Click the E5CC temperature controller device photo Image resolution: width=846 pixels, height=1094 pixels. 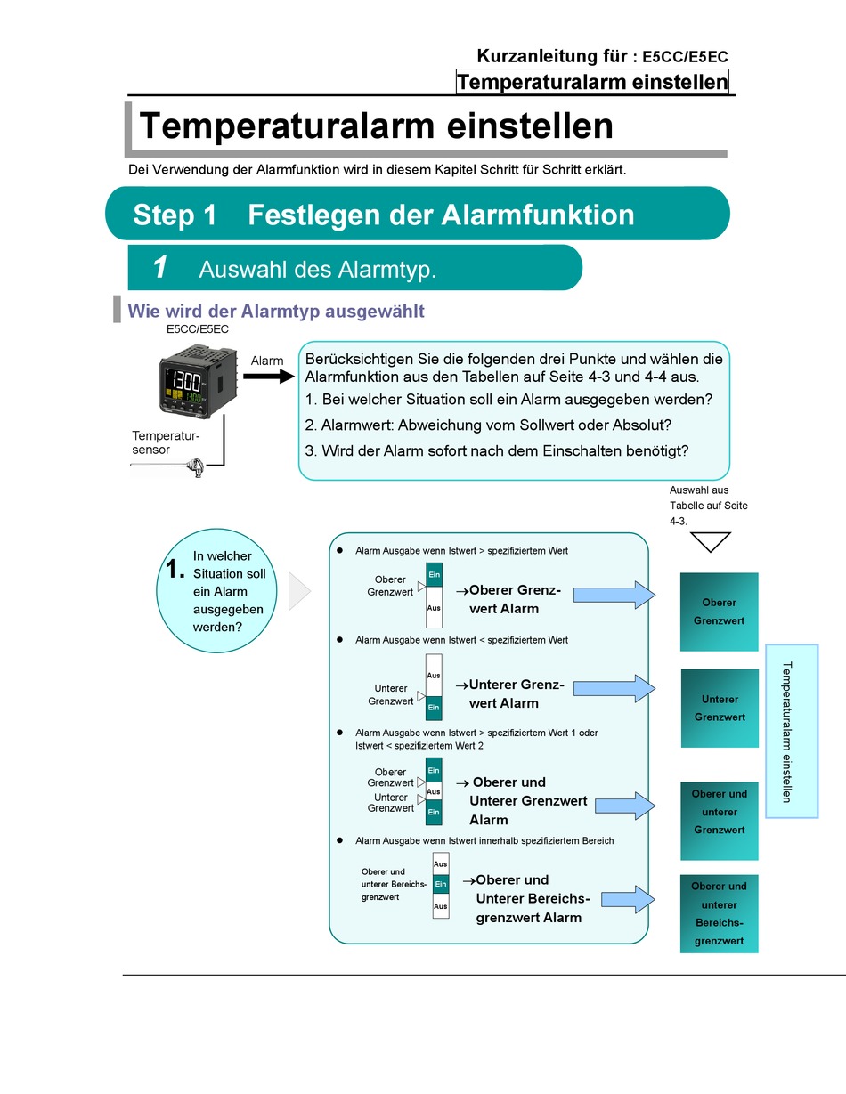pyautogui.click(x=199, y=381)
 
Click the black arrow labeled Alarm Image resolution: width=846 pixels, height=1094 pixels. pyautogui.click(x=269, y=376)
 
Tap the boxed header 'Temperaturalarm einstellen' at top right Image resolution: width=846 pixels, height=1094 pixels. pyautogui.click(x=592, y=82)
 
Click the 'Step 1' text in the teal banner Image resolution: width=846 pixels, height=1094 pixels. pyautogui.click(x=175, y=215)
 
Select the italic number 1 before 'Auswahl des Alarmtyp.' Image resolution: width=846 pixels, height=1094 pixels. pyautogui.click(x=160, y=267)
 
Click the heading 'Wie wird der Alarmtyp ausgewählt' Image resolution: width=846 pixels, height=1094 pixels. pyautogui.click(x=276, y=312)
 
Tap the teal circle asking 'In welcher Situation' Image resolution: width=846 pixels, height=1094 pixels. pyautogui.click(x=216, y=590)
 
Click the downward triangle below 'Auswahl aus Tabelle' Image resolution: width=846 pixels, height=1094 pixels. pyautogui.click(x=710, y=542)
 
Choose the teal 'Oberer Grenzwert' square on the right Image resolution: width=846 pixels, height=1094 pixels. pyautogui.click(x=720, y=612)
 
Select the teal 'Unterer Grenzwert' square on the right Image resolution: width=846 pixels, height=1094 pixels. pyautogui.click(x=720, y=708)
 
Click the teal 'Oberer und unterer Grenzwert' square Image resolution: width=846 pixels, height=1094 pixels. pyautogui.click(x=720, y=821)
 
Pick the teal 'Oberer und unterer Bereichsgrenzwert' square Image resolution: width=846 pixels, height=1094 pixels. pyautogui.click(x=720, y=914)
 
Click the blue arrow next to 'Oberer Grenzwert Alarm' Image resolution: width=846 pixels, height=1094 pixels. pyautogui.click(x=614, y=596)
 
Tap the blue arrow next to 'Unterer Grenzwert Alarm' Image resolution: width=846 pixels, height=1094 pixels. pyautogui.click(x=614, y=688)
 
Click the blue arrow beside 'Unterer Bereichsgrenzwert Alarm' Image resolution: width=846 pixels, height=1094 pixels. pyautogui.click(x=628, y=899)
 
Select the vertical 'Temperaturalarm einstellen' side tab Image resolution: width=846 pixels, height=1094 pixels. pyautogui.click(x=792, y=731)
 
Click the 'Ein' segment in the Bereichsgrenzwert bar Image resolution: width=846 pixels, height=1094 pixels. pyautogui.click(x=441, y=884)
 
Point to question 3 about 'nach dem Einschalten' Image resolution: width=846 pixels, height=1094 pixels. pyautogui.click(x=497, y=450)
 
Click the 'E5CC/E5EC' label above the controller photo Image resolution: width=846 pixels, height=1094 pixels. pyautogui.click(x=198, y=329)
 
